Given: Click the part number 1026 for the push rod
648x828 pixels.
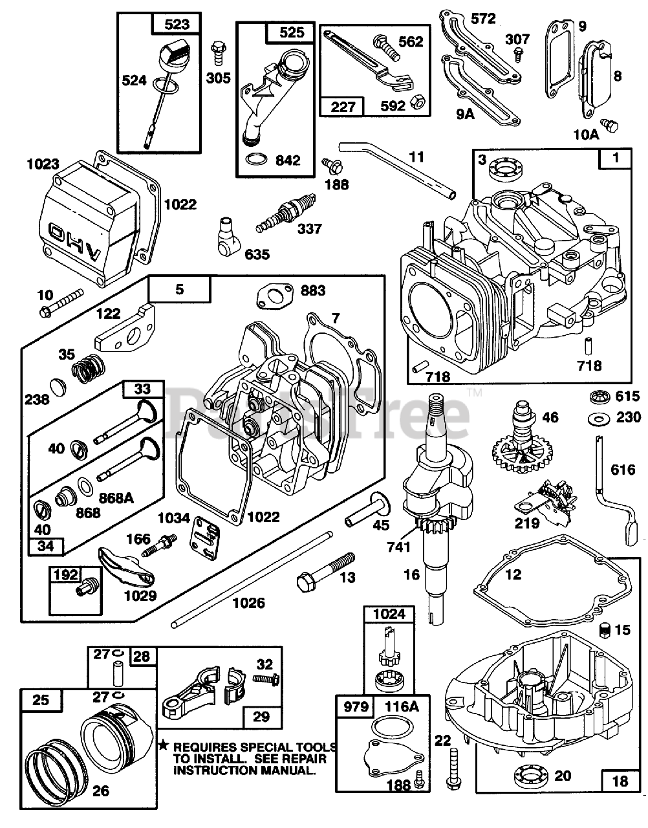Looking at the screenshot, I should click(x=248, y=603).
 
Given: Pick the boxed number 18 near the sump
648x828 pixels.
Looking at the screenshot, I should click(x=619, y=781).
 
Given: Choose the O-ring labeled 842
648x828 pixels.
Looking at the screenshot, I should click(x=256, y=160).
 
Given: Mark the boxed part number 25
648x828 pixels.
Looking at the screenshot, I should click(x=40, y=699).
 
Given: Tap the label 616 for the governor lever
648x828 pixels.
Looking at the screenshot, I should click(x=623, y=470).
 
